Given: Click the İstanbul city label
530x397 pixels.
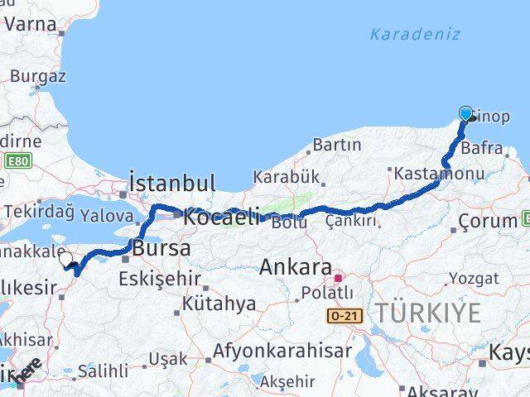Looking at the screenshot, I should tap(172, 183).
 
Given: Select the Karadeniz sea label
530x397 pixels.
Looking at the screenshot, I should tap(414, 35).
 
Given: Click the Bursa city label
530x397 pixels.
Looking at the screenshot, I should tap(161, 248).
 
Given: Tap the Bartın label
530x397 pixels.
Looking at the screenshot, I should tap(337, 146).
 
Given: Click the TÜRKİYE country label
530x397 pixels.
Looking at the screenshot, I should tap(427, 313).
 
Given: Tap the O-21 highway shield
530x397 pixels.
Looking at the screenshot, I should tap(344, 316).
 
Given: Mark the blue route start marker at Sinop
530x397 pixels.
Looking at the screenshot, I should tap(465, 114).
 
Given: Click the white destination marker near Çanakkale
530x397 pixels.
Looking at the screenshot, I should tap(66, 260).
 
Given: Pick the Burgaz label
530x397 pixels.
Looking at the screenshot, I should tap(37, 77).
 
